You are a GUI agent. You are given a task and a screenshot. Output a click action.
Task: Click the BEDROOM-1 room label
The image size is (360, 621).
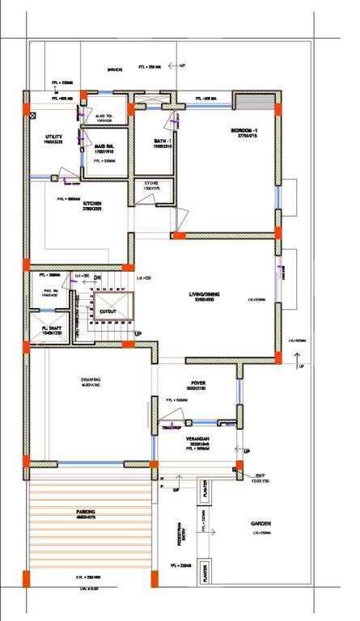click(244, 131)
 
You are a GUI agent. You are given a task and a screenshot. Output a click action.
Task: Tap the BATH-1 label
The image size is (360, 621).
click(163, 142)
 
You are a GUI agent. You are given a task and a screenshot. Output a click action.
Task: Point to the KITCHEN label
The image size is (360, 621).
click(91, 204)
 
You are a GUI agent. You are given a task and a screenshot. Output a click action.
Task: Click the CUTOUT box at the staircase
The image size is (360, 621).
click(108, 310)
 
